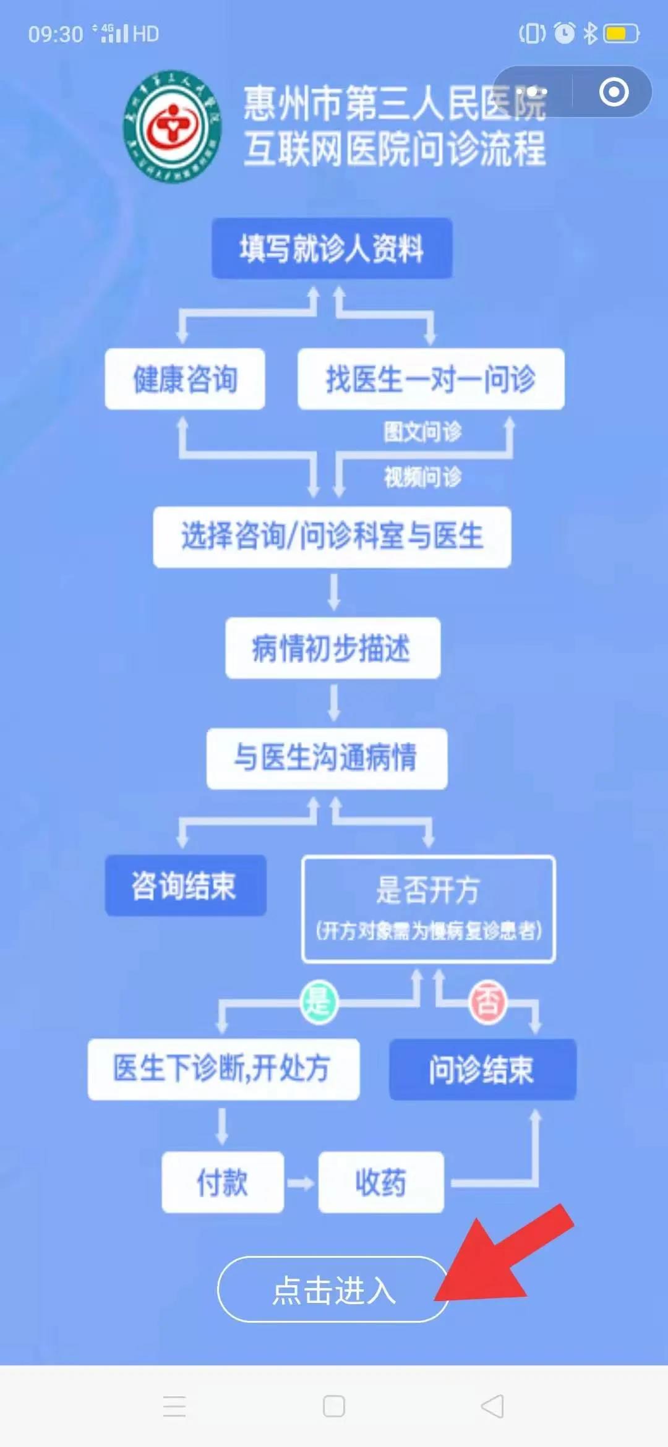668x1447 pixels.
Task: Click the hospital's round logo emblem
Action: point(173,127)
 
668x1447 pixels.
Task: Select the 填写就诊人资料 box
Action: point(332,249)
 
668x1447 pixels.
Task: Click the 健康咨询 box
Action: point(185,379)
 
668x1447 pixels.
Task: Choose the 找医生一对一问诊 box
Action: point(430,379)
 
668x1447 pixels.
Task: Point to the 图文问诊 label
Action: point(422,432)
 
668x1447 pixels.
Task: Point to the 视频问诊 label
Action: point(422,477)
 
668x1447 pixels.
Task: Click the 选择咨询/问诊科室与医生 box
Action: point(332,537)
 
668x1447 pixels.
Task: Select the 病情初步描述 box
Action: point(333,648)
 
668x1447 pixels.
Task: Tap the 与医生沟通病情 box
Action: point(327,758)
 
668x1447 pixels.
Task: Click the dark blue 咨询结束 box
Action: point(186,886)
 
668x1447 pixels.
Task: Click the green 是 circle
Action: point(319,1001)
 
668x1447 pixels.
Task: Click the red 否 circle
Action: point(487,1001)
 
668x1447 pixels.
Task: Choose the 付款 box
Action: point(223,1182)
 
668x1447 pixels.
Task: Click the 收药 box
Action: point(381,1182)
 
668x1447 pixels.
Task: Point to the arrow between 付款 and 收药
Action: point(301,1183)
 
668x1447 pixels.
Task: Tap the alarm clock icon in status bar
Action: point(564,33)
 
